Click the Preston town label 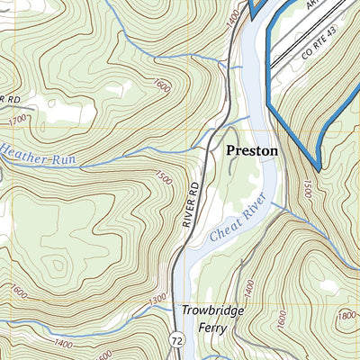pos(251,151)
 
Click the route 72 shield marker pos(177,337)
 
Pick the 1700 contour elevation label pos(17,118)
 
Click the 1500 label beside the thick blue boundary pos(307,188)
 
